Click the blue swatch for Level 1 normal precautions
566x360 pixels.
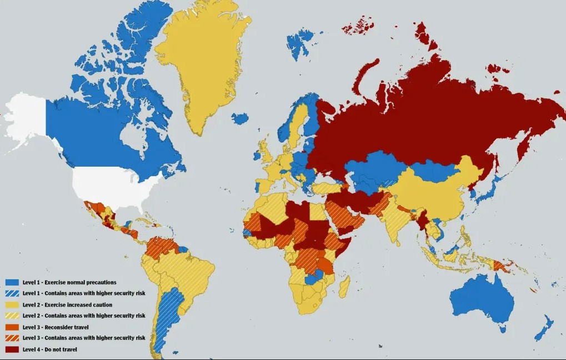pos(12,282)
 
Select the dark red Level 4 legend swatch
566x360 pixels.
pos(12,349)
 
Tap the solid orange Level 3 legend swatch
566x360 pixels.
pos(12,327)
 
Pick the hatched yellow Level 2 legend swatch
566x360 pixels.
pos(12,316)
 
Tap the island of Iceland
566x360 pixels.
pos(239,118)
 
